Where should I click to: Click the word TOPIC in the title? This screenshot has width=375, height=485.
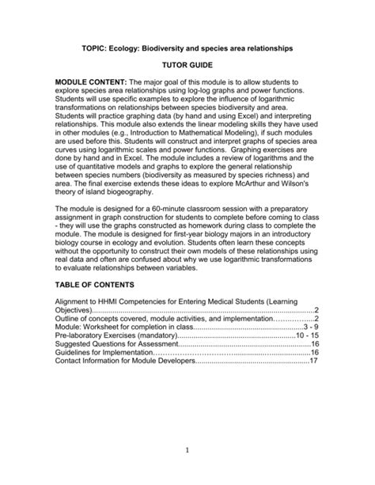click(93, 48)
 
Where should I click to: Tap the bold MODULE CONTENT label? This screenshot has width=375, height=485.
click(91, 81)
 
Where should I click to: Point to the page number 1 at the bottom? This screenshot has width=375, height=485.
click(187, 451)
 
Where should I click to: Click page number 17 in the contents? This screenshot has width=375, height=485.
click(313, 361)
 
